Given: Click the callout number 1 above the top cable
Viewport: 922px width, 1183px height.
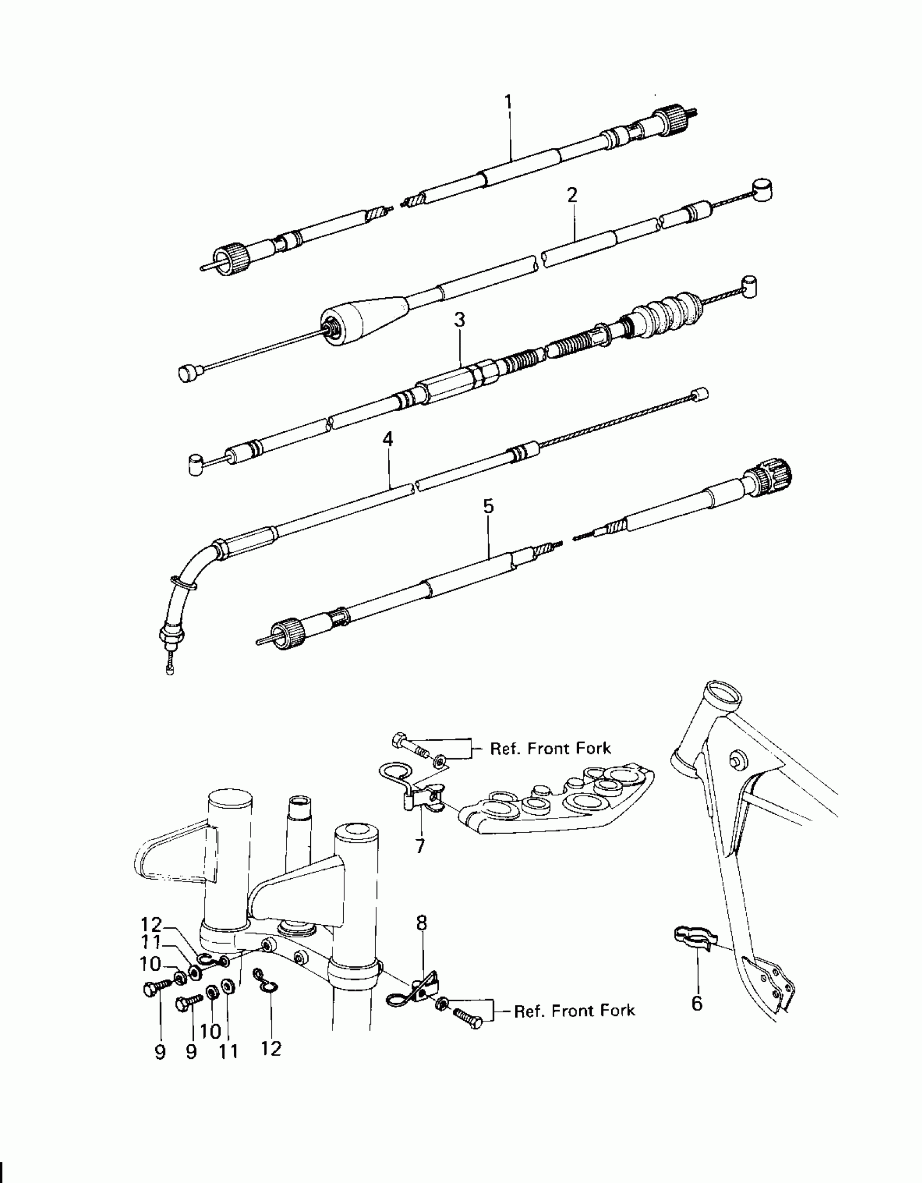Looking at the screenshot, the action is pos(508,102).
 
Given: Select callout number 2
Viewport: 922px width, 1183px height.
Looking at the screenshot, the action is pos(572,195).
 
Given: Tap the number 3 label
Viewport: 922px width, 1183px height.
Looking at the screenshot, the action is pos(459,320).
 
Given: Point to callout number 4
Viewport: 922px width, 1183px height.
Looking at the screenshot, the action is pos(387,439).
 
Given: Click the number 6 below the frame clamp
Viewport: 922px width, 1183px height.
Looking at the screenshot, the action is pos(697,1003).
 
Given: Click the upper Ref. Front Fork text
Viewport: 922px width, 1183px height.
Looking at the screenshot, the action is pos(550,749).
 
